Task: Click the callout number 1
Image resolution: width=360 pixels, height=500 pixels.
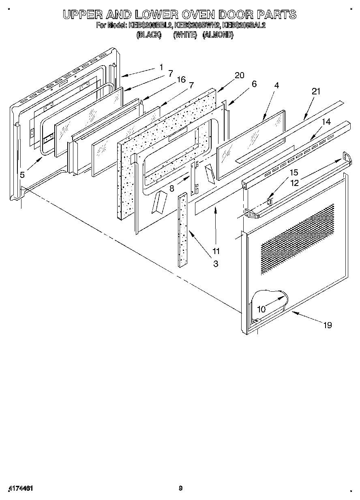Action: point(161,67)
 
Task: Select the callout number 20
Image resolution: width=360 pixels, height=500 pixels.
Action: point(240,75)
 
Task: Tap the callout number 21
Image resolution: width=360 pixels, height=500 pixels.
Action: point(316,92)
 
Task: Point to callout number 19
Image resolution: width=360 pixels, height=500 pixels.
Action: point(328,325)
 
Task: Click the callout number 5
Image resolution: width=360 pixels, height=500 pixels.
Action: point(22,175)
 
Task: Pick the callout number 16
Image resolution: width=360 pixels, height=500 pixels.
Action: point(181,79)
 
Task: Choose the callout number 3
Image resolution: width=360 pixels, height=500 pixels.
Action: point(216,264)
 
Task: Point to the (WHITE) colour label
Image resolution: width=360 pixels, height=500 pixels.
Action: point(185,35)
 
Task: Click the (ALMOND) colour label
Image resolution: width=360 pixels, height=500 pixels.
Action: point(218,35)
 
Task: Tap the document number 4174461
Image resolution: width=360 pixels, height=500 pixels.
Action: point(20,488)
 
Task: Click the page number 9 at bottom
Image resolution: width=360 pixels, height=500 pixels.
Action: point(181,488)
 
